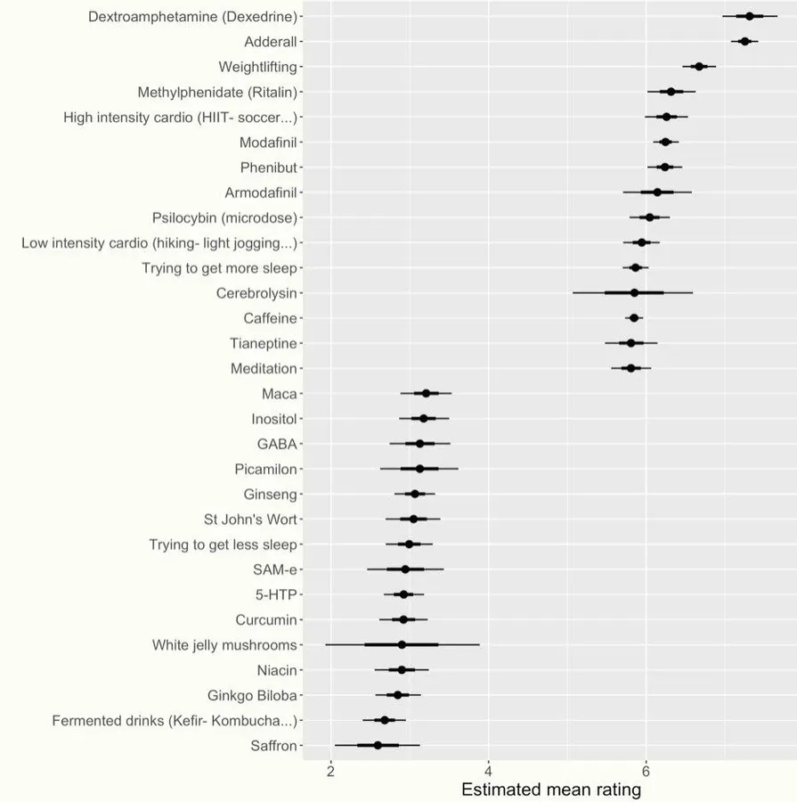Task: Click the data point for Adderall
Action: (744, 41)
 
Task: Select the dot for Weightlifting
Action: (699, 67)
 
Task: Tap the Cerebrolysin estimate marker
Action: (634, 293)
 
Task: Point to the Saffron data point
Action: (378, 746)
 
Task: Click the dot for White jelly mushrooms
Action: (402, 645)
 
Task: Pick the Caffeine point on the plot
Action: (634, 318)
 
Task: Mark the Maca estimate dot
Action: (426, 393)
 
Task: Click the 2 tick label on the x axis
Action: (330, 771)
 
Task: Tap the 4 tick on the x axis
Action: (488, 771)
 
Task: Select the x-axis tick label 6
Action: (646, 771)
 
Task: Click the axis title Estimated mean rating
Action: (551, 790)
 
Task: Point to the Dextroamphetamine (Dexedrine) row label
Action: (192, 17)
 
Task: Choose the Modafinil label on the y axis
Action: (268, 143)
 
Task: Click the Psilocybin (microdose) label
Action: (225, 218)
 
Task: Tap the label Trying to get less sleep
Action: (223, 544)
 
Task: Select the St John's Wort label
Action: (250, 520)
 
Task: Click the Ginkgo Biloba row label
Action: (252, 696)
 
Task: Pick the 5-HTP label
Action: (276, 595)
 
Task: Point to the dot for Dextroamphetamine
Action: (750, 16)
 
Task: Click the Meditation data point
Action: (630, 368)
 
